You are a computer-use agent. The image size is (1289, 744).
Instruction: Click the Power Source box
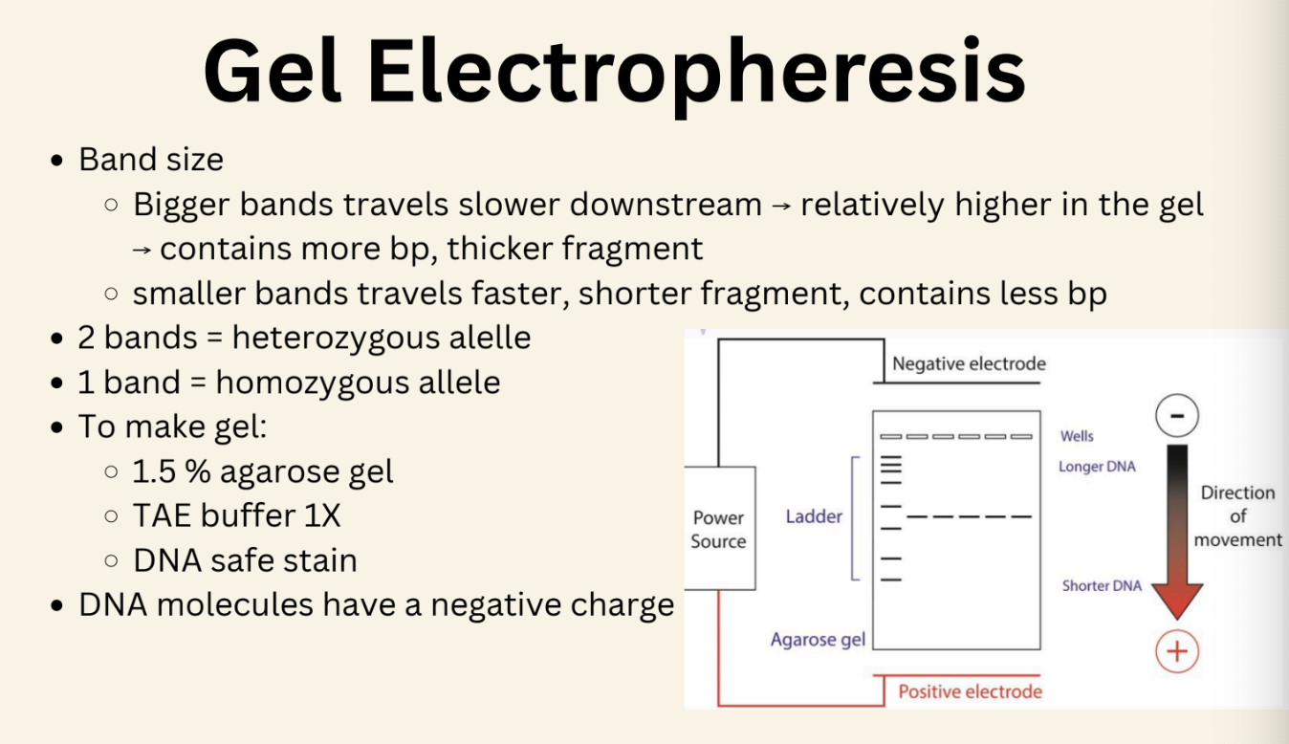tap(718, 529)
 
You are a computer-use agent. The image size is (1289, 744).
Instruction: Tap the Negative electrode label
tap(969, 363)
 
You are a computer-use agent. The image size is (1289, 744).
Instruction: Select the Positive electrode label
tap(970, 690)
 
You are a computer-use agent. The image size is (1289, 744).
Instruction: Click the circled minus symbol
tap(1177, 417)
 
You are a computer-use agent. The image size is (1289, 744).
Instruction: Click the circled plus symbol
tap(1177, 652)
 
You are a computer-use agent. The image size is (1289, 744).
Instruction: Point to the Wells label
tap(1077, 436)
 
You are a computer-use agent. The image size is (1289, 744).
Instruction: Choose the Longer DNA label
tap(1097, 468)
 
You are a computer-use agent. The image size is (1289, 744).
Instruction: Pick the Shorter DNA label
tap(1102, 585)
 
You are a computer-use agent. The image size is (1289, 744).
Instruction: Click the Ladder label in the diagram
tap(814, 516)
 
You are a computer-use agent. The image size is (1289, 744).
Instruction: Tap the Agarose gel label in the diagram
tap(818, 640)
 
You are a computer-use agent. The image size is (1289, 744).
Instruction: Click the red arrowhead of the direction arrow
tap(1177, 601)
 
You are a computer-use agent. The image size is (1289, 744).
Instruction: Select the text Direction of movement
tap(1237, 516)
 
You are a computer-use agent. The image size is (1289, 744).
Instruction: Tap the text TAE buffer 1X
tap(236, 515)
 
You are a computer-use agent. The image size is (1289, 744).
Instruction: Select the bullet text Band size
tap(151, 159)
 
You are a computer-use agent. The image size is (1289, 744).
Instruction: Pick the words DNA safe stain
tap(245, 559)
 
